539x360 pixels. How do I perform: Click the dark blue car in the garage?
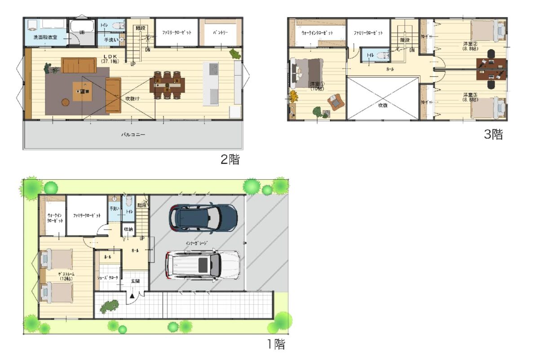[203, 218]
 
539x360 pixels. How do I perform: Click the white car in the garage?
[203, 264]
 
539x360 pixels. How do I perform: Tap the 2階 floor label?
[230, 160]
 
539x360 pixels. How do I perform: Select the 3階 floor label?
[493, 134]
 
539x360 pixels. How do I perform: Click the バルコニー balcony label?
[133, 134]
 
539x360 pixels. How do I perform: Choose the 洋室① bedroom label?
[316, 86]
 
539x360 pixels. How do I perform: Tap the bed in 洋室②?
[487, 31]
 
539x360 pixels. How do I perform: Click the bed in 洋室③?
[487, 107]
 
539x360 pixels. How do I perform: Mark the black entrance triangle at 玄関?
[132, 296]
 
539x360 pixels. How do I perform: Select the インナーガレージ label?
[196, 243]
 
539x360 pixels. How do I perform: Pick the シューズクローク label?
[108, 278]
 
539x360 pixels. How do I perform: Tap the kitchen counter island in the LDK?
[211, 84]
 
